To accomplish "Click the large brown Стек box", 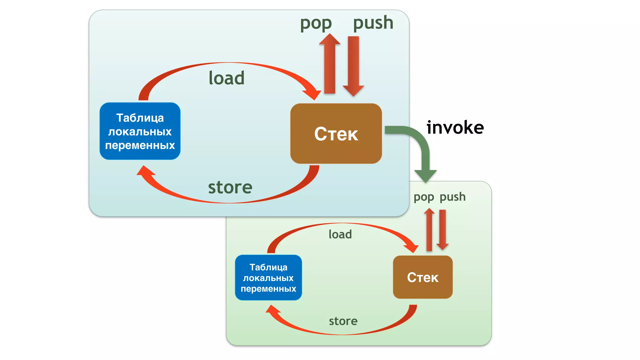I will (x=336, y=133).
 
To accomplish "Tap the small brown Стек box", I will (x=422, y=277).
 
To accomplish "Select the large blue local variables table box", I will (x=140, y=131).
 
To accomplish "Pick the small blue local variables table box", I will (x=268, y=277).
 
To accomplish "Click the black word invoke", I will (x=455, y=127).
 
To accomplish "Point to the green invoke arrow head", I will (x=425, y=176).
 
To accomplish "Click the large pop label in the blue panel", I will (x=316, y=24).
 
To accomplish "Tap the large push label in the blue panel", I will (x=373, y=23).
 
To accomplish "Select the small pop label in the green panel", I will (x=423, y=197).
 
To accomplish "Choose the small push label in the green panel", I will (x=452, y=197).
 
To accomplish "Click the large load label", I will (x=227, y=78).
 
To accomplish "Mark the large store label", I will (x=230, y=187).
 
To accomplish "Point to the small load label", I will (x=340, y=234).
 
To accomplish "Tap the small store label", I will (x=343, y=321).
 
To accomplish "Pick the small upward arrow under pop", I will (x=429, y=230).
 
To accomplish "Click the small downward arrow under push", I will (x=442, y=230).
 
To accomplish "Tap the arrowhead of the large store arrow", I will (x=145, y=172).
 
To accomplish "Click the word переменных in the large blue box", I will (x=140, y=145).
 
